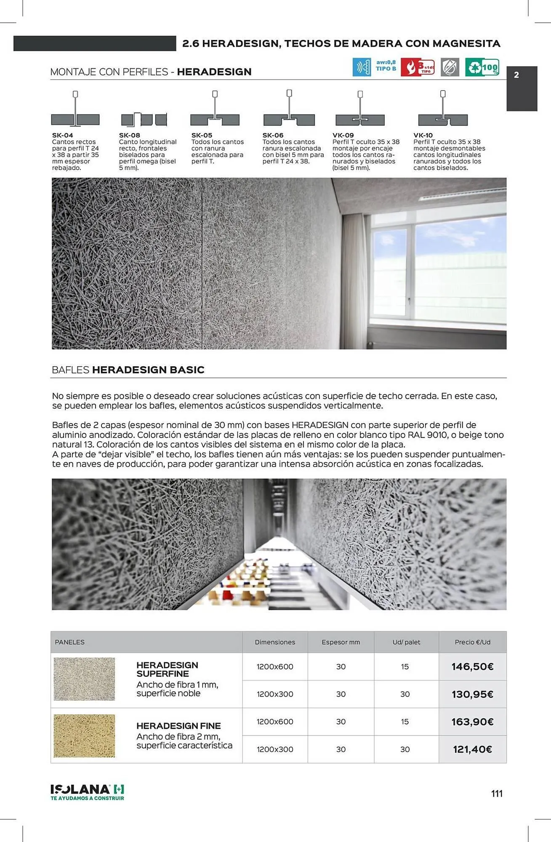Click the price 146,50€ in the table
[x=472, y=666]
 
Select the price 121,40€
[x=472, y=749]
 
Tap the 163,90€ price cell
[x=472, y=722]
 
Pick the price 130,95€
[x=472, y=694]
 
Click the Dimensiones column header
[x=275, y=642]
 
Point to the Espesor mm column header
[x=341, y=642]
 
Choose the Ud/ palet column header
[x=406, y=642]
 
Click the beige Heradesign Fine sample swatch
[x=84, y=735]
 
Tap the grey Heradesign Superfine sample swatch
[x=84, y=679]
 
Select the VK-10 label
[x=423, y=135]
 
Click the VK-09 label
[x=343, y=135]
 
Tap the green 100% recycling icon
[x=482, y=67]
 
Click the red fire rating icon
[x=417, y=67]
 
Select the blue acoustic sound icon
[x=362, y=67]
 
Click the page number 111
[x=497, y=794]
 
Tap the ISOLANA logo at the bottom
[x=87, y=792]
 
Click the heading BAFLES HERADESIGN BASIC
[x=128, y=370]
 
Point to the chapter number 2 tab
[x=521, y=88]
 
